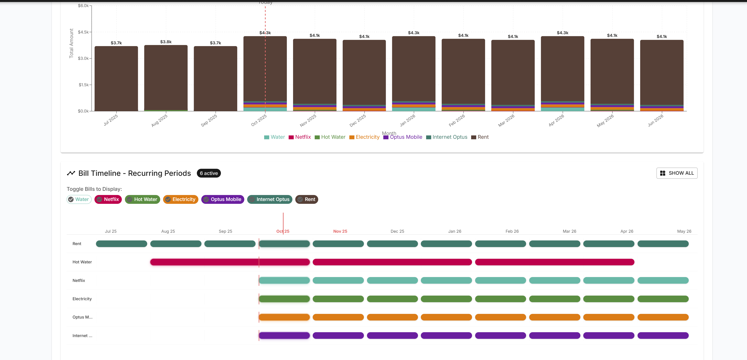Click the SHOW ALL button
tap(677, 173)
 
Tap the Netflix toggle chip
tap(108, 199)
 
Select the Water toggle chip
tap(79, 199)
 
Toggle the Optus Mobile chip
tap(222, 199)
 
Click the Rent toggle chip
tap(306, 199)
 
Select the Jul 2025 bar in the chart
tap(116, 78)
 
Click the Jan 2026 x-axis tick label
tap(407, 120)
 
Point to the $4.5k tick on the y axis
tap(83, 32)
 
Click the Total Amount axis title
tap(71, 43)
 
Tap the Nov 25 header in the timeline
tap(340, 231)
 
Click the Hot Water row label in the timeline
tap(82, 262)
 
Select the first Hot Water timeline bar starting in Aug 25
tap(230, 262)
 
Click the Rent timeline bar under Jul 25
tap(122, 244)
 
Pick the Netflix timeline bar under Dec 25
tap(392, 280)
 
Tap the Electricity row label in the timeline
tap(82, 299)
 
